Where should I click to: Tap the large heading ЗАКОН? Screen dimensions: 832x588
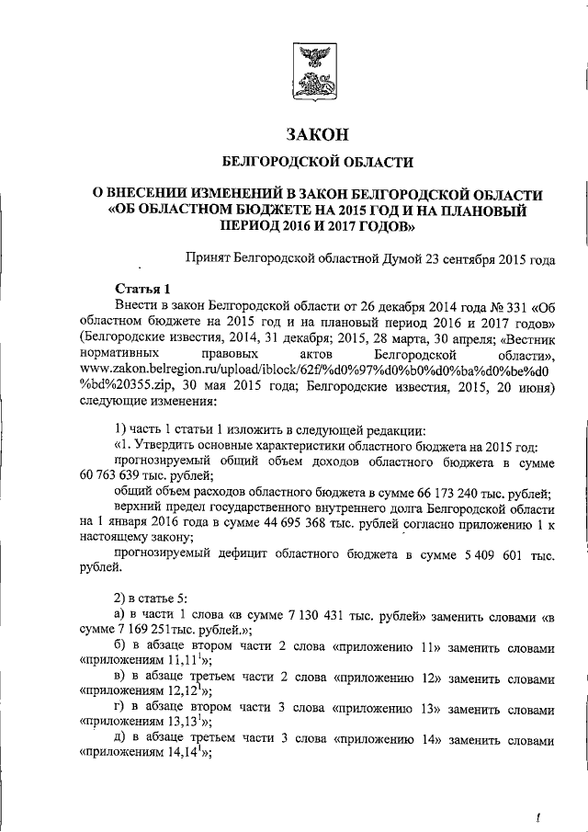coord(317,134)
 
